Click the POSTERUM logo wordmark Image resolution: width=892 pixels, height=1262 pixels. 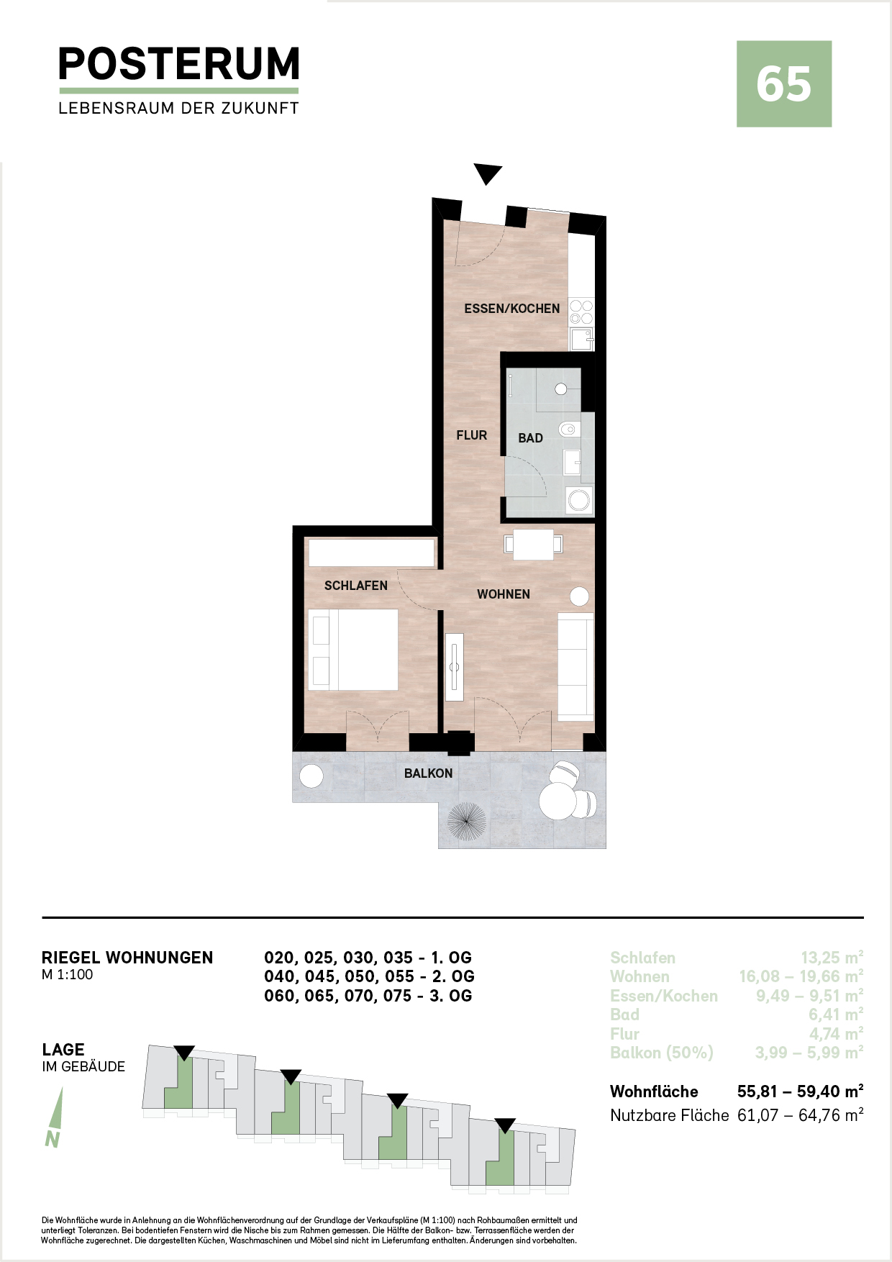click(x=178, y=64)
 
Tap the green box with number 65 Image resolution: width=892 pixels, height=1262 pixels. click(x=784, y=84)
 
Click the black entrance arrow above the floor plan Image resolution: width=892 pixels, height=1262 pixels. click(x=488, y=174)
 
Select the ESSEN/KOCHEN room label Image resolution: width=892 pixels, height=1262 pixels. click(x=511, y=309)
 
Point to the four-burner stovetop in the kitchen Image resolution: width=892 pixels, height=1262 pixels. click(x=581, y=312)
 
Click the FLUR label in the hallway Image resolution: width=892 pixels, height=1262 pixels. click(x=472, y=435)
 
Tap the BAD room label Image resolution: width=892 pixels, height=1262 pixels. click(x=531, y=438)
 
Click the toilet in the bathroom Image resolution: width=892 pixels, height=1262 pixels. click(x=569, y=430)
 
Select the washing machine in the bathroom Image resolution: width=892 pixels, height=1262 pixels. click(x=579, y=500)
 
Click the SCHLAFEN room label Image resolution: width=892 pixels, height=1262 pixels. click(x=356, y=586)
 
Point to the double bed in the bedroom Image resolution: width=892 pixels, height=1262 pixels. click(x=353, y=650)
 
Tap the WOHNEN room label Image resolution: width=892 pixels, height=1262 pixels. click(x=504, y=594)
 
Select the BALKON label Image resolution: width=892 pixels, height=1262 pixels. click(x=429, y=773)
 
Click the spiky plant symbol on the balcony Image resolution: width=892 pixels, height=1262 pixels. click(x=467, y=821)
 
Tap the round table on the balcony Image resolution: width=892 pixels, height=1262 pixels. click(x=557, y=800)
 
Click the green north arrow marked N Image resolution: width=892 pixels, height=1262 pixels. click(x=55, y=1117)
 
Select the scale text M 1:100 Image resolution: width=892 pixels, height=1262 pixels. click(x=68, y=975)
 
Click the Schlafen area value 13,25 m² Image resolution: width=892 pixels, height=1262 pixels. click(x=832, y=958)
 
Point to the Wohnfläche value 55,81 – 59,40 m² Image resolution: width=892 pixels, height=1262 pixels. click(x=801, y=1091)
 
